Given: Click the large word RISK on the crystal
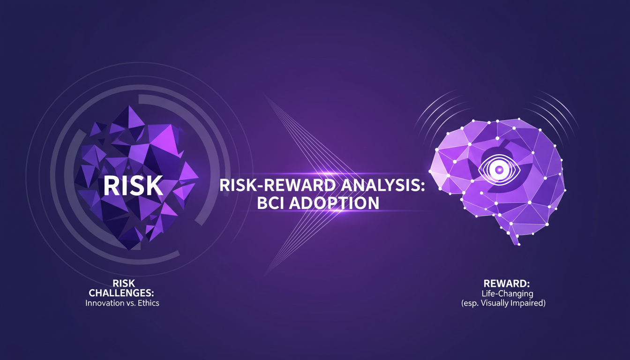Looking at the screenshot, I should point(133,186).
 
